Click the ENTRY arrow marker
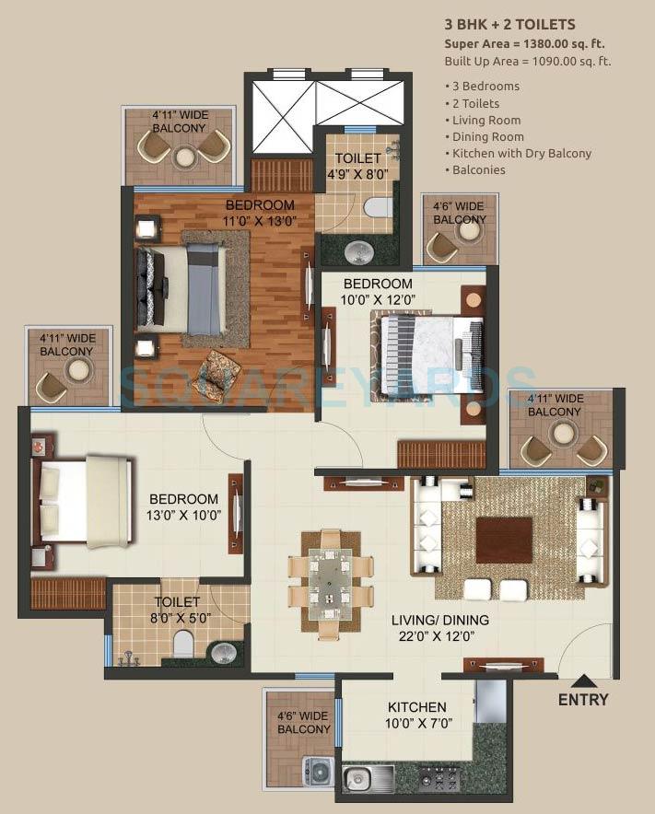[x=582, y=682]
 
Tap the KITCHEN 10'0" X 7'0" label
[x=416, y=715]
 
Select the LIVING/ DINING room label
[x=439, y=628]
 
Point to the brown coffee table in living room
[x=504, y=540]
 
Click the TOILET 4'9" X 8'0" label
[x=357, y=166]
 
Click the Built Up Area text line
[x=528, y=61]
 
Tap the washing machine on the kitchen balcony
[x=319, y=772]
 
